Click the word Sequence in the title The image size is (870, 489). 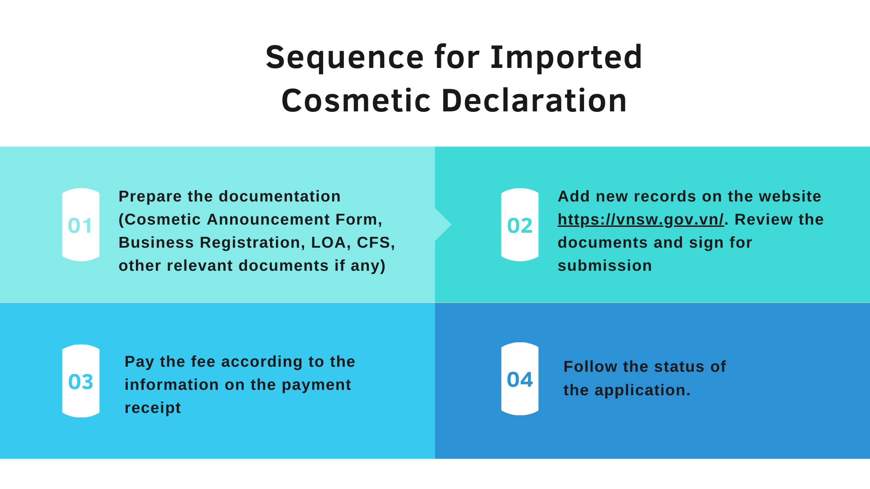(x=345, y=58)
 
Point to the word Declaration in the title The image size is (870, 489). (x=534, y=100)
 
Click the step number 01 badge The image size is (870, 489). (x=81, y=225)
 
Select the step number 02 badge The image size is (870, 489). (x=520, y=225)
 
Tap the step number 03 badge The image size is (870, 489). (x=81, y=381)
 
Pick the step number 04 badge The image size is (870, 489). (x=520, y=379)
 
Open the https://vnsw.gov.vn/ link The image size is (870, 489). (x=641, y=220)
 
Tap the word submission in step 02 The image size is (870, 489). (x=605, y=266)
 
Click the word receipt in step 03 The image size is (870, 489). (x=153, y=408)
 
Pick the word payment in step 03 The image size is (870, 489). (x=316, y=385)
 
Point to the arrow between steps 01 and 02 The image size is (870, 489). (x=443, y=225)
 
